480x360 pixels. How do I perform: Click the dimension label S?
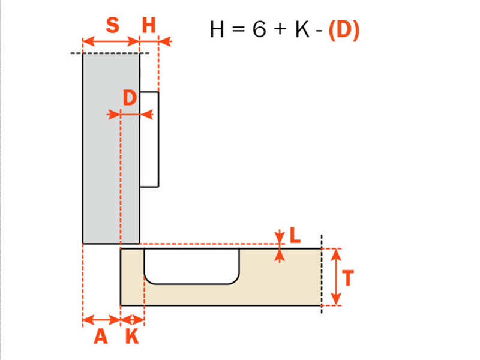[112, 26]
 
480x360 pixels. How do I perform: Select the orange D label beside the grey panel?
[130, 98]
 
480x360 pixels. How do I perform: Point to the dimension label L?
[295, 236]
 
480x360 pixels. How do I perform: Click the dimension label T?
[349, 278]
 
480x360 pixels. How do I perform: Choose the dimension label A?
[101, 337]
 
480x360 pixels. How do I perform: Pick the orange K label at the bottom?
[132, 337]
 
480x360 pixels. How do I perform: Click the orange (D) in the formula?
[344, 30]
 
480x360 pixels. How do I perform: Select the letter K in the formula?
[301, 30]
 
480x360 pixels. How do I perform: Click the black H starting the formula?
[217, 30]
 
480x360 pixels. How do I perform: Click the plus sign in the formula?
[280, 31]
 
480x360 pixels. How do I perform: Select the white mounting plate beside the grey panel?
[150, 139]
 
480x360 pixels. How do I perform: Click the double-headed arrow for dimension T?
[336, 277]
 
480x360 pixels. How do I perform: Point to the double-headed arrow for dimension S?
[111, 42]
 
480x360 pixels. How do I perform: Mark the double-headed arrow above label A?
[101, 319]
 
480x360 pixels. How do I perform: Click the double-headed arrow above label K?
[133, 319]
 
